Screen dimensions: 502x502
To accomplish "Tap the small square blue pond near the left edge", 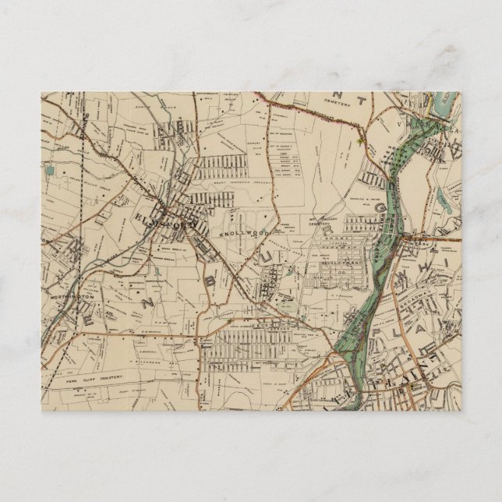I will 51,169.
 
